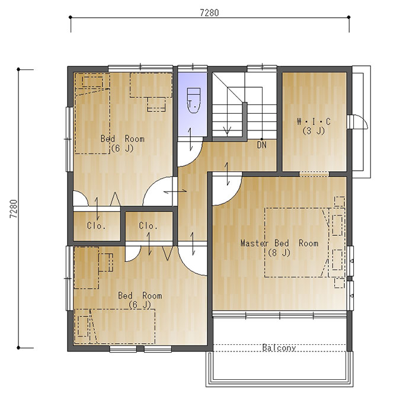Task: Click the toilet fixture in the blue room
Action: (194, 101)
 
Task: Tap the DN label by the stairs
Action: (261, 145)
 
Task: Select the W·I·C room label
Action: (314, 121)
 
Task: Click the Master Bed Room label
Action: (279, 243)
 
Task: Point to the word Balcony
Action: (279, 348)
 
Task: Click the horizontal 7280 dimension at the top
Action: (209, 12)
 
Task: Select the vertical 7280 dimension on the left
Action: (14, 209)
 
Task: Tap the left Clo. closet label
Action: (96, 226)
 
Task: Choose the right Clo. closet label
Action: (148, 226)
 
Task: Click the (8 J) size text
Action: (279, 253)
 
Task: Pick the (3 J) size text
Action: (314, 131)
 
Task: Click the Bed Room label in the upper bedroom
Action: (122, 139)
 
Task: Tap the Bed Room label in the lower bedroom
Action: (140, 296)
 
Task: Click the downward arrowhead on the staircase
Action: (227, 131)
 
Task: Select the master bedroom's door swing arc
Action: (235, 196)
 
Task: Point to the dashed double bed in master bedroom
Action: (297, 242)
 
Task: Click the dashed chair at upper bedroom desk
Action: (156, 105)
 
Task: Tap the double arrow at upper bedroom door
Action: (175, 191)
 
